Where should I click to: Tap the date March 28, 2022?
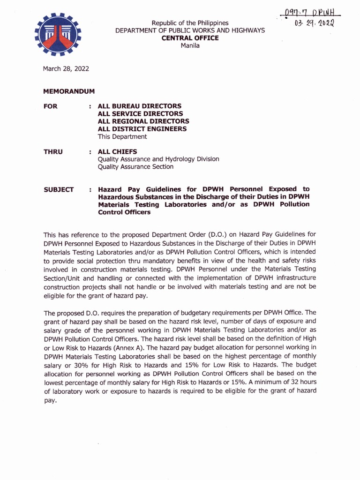[66, 69]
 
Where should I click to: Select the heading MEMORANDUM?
[69, 91]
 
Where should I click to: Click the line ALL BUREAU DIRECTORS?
[139, 106]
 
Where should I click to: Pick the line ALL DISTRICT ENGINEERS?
[142, 129]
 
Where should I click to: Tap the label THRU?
[53, 151]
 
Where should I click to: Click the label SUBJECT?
[59, 189]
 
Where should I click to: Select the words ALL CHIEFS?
[117, 151]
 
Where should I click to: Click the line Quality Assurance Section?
[135, 167]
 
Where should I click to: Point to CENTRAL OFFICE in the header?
[190, 38]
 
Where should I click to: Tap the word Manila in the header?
[190, 45]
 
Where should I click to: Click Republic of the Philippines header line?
[190, 22]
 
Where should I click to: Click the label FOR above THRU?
[51, 106]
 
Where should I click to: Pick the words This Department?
[122, 137]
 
